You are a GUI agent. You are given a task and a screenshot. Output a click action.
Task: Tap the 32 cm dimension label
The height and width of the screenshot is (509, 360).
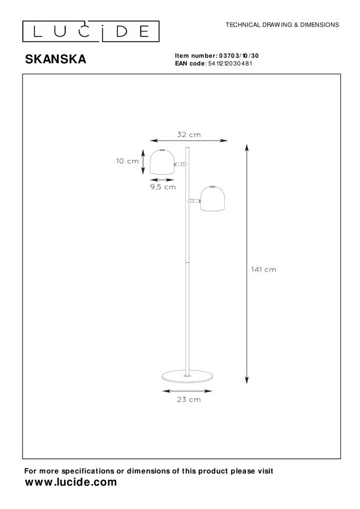[189, 135]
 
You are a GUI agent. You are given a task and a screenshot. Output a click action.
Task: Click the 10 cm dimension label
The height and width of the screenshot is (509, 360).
[126, 161]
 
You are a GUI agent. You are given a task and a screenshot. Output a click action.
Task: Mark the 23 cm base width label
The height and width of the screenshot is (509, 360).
[189, 399]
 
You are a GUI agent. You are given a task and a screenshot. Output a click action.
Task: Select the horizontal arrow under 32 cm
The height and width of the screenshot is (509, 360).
[189, 141]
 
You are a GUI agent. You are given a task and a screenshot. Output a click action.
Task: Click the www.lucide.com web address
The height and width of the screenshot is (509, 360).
[71, 482]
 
